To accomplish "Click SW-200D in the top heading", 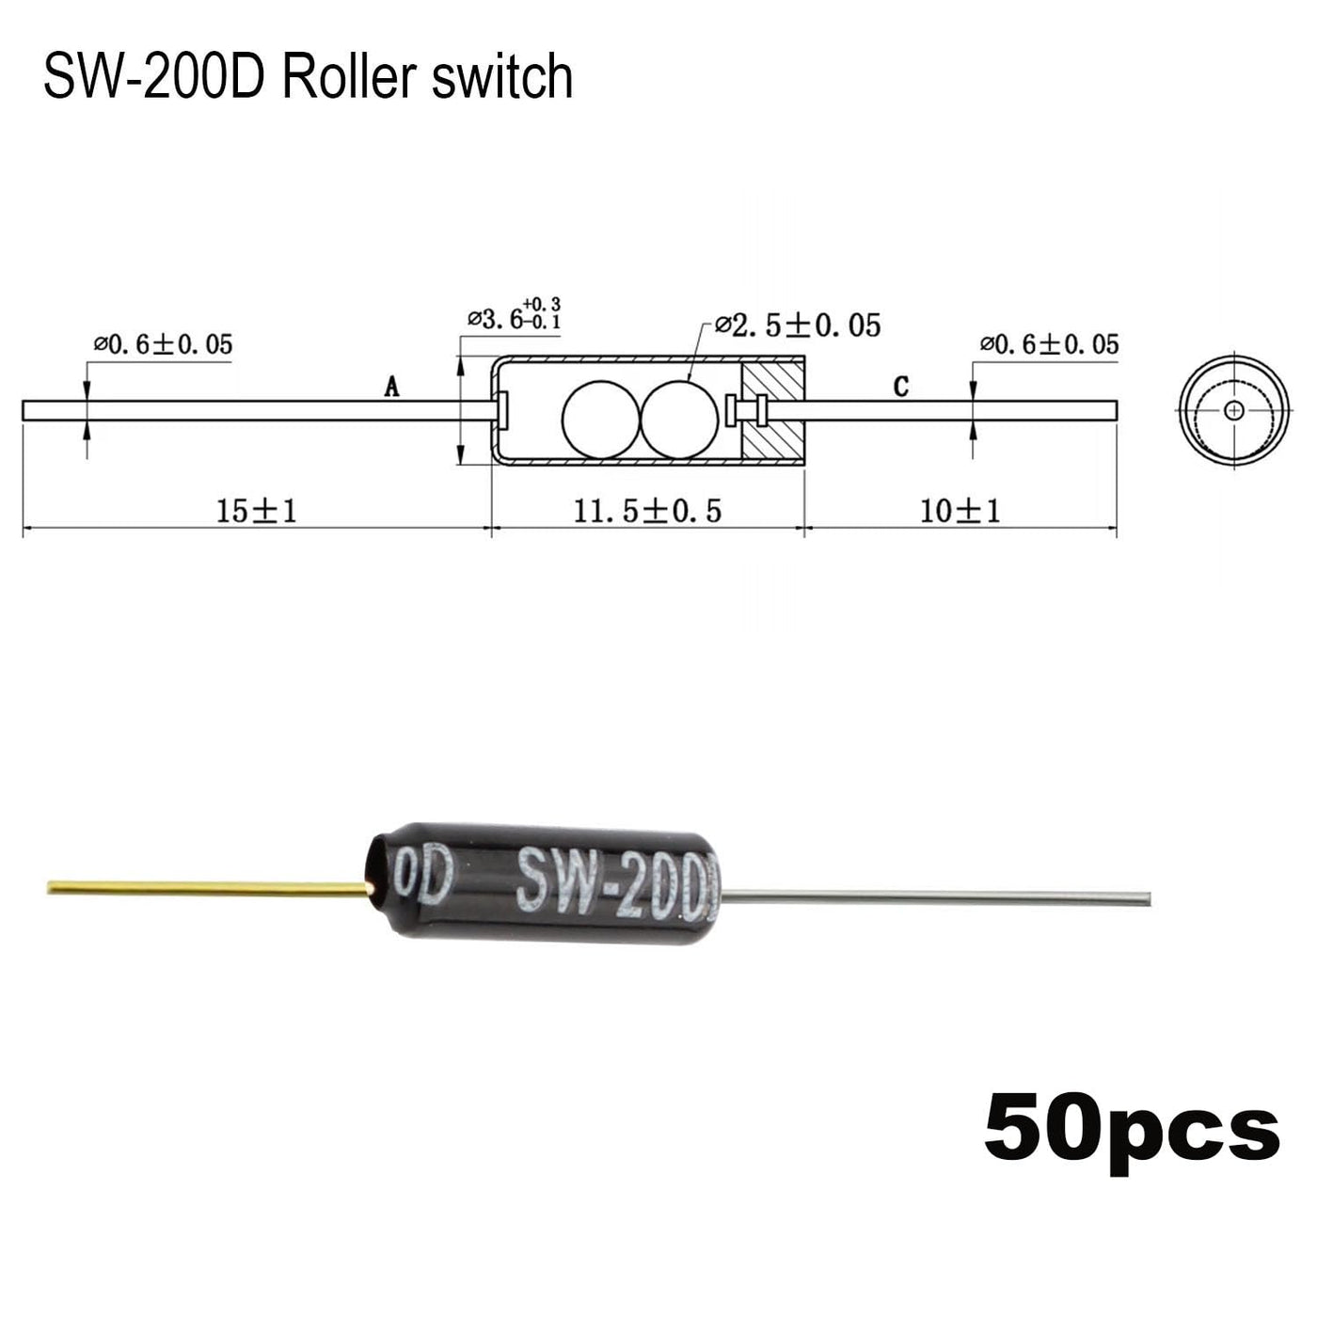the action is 154,77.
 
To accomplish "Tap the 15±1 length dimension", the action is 257,511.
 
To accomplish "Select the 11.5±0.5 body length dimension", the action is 647,511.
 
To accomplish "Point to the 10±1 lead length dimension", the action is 960,511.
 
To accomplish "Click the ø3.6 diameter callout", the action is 514,314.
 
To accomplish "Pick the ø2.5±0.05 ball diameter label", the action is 798,325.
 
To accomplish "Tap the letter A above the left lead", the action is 391,387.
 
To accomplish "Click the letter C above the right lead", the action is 901,387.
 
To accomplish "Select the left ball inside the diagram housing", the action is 602,420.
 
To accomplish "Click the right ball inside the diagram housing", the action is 680,420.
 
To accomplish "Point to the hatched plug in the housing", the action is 773,410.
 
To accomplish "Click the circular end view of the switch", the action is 1233,410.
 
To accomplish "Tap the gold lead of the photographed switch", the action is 209,888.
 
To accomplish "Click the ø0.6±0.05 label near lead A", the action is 164,344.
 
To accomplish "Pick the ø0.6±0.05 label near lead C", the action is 1050,344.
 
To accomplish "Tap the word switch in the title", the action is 502,77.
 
